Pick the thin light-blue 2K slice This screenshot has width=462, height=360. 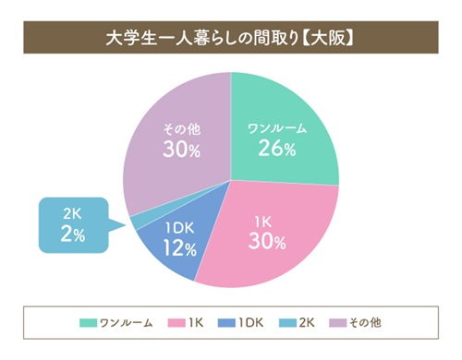pyautogui.click(x=136, y=221)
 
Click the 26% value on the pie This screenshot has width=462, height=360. pyautogui.click(x=276, y=149)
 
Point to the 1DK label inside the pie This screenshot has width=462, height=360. pyautogui.click(x=180, y=227)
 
